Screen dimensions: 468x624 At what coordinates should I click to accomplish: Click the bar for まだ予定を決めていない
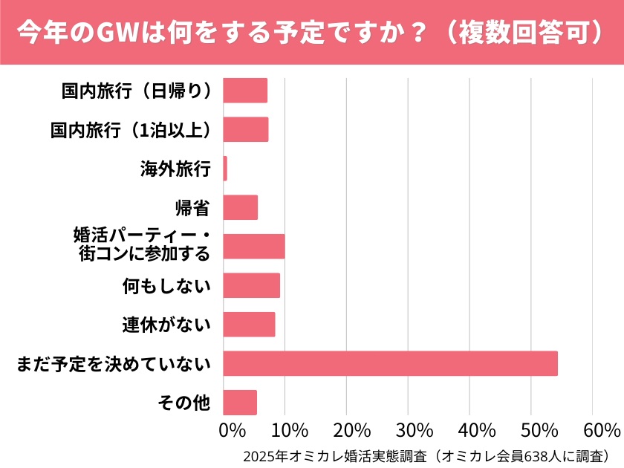tap(390, 363)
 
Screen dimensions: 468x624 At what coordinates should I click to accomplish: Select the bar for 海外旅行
tap(225, 169)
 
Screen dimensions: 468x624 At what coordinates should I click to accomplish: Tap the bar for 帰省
tap(240, 207)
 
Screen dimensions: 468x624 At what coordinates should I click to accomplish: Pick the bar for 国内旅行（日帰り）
tap(245, 91)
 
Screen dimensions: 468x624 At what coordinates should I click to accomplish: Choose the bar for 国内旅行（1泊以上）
tap(245, 129)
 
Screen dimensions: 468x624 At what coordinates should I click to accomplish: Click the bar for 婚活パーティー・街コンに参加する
tap(253, 247)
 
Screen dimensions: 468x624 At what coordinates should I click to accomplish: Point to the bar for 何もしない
tap(251, 285)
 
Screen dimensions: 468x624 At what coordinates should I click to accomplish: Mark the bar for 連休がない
tap(249, 325)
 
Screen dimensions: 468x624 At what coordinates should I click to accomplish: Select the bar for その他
tap(240, 403)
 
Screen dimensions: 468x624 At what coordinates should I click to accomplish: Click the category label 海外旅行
tap(175, 169)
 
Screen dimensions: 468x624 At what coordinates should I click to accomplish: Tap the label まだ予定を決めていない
tap(113, 364)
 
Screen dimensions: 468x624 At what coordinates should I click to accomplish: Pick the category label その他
tap(184, 403)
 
